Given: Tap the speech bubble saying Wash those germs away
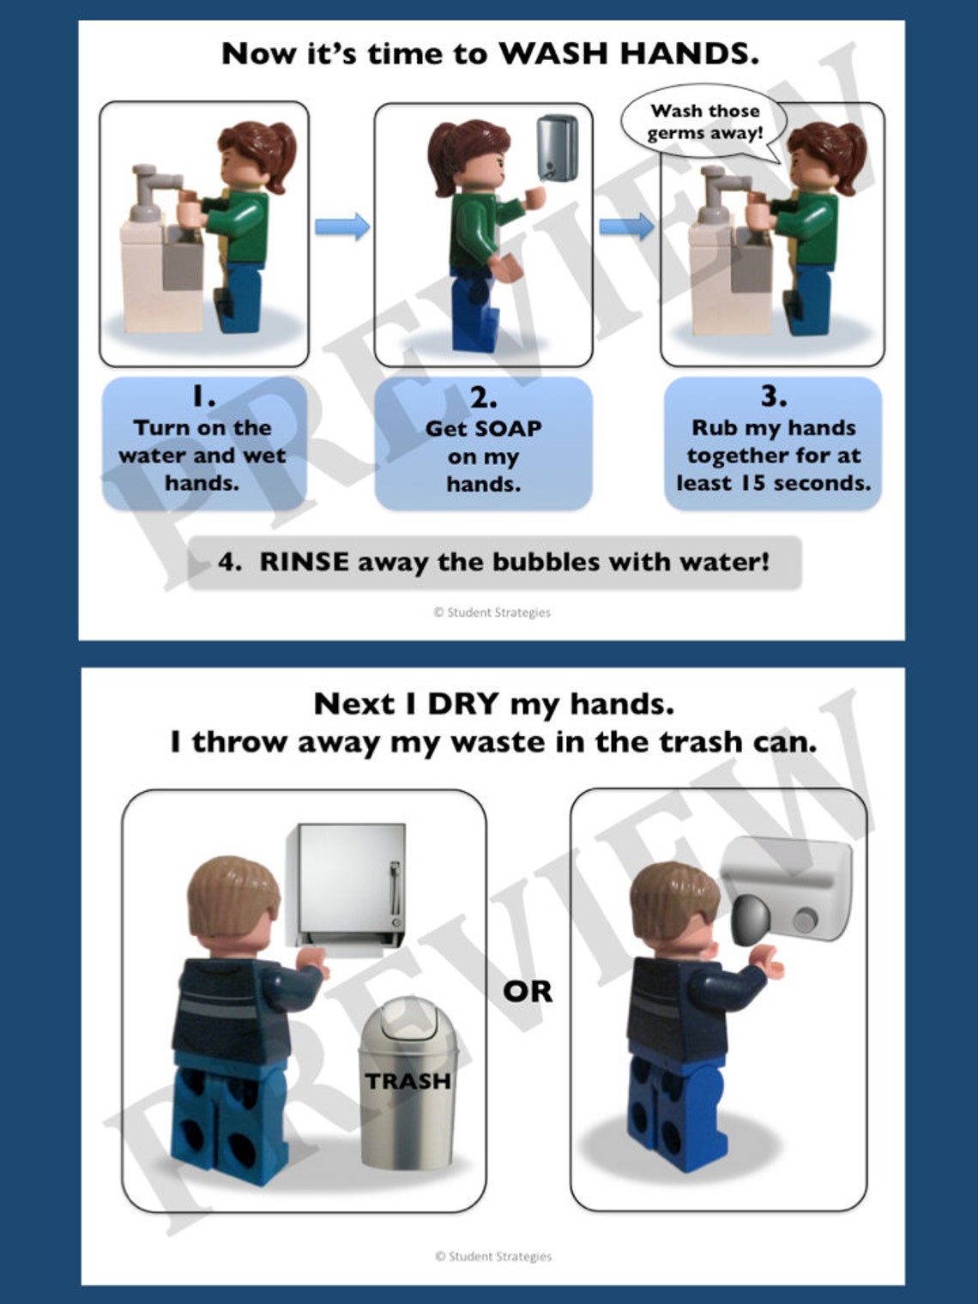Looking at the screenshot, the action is (703, 123).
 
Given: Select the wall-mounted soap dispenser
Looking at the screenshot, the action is (558, 148).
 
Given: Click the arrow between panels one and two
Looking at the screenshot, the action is (342, 226).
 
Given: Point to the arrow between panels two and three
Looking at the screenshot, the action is (626, 226).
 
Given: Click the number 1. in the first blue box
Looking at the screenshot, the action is (203, 396).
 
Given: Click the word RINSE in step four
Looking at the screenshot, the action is (304, 562).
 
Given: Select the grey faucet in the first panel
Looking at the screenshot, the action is (154, 189).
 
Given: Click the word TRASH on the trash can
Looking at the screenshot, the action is (408, 1081).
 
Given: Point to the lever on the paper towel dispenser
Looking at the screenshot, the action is (395, 890).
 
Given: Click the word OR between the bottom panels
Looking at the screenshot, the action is (528, 992).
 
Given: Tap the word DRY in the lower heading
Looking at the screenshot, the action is (462, 704).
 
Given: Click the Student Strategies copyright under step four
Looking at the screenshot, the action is (492, 613).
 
